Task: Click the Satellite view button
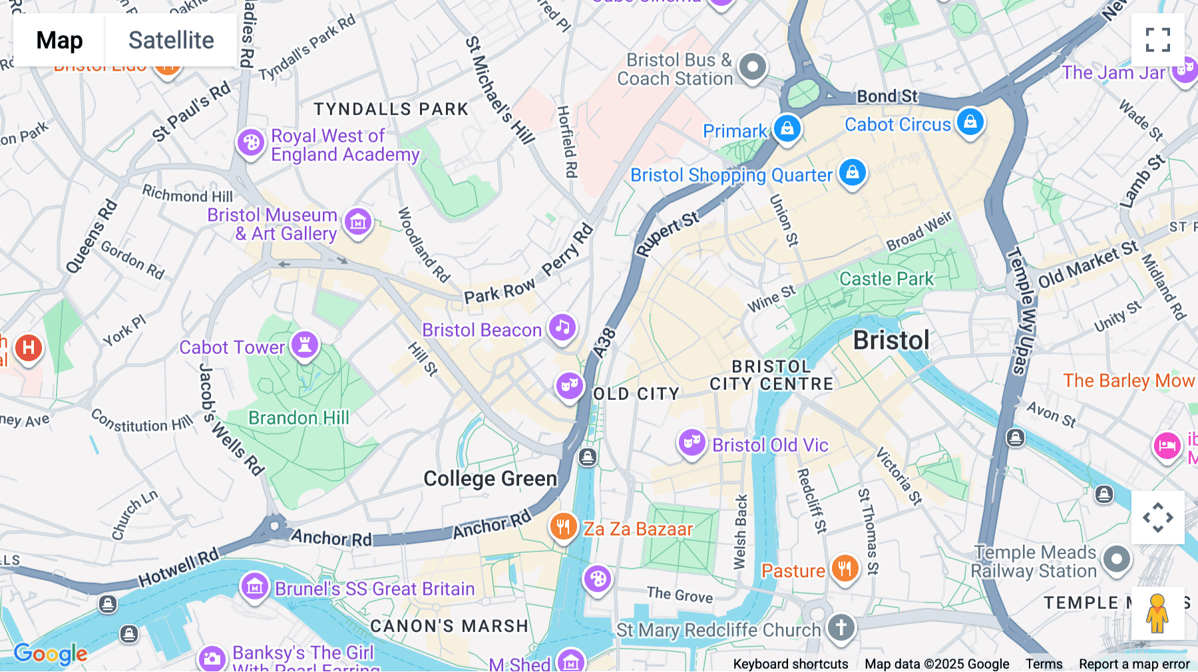171,40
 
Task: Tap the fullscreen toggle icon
1157,40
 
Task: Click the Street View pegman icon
1157,613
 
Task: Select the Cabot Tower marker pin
305,345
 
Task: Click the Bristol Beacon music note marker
562,327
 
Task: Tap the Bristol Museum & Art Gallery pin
358,222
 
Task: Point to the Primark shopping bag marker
787,128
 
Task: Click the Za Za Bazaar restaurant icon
563,527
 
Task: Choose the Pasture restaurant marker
845,569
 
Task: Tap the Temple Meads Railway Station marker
1116,560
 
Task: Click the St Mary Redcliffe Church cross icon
841,627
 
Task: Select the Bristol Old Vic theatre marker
692,442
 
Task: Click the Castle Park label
886,279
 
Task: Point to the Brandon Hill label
298,418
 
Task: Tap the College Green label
490,478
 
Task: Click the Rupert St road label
667,234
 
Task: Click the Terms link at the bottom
1044,663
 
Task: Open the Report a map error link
1134,663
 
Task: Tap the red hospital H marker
28,347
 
